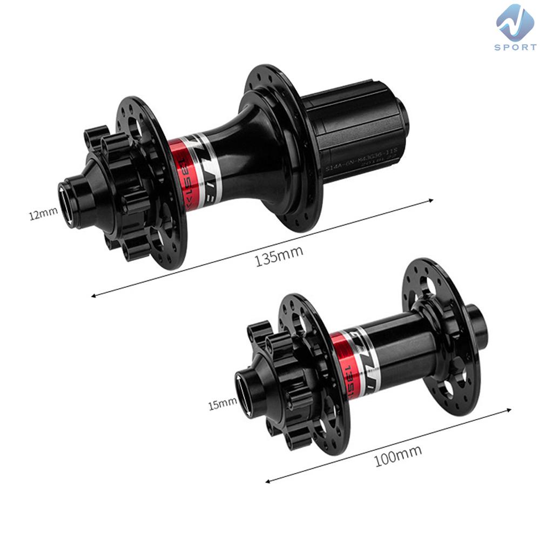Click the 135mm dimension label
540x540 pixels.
[279, 253]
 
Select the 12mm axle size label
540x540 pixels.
[43, 214]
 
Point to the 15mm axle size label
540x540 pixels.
[222, 402]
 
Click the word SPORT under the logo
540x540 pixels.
[515, 48]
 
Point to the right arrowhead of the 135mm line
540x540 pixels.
[431, 200]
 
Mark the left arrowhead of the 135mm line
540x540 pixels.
[93, 295]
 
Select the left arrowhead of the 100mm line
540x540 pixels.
[268, 481]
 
